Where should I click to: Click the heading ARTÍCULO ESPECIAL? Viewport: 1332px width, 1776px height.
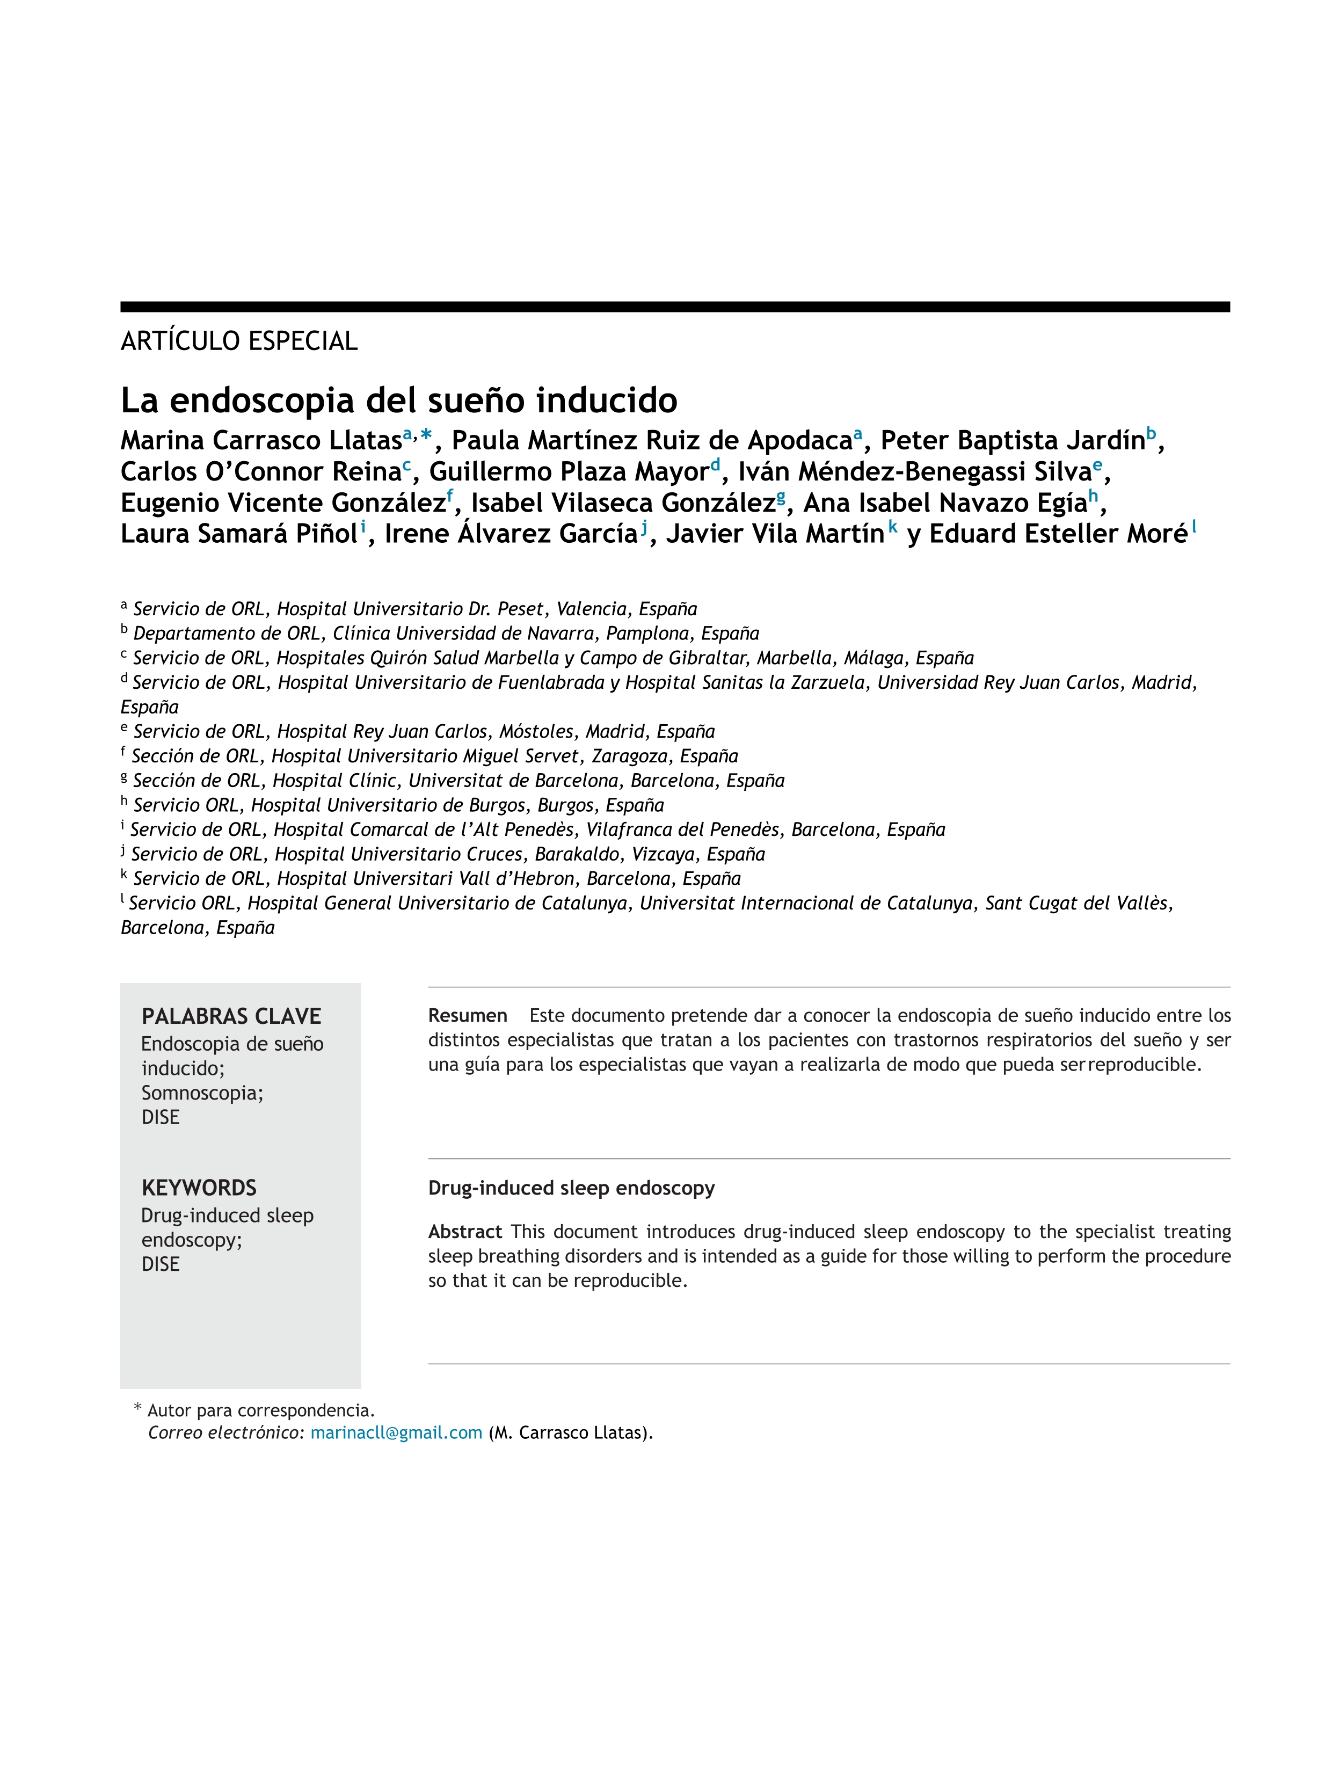238,341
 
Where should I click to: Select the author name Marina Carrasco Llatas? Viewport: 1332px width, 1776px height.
261,441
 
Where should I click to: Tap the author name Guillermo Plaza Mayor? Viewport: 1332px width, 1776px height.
569,472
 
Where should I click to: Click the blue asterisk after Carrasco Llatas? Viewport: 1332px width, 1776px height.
426,436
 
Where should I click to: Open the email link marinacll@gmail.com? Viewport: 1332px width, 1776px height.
396,1433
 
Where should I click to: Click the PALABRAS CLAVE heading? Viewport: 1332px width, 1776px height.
231,1016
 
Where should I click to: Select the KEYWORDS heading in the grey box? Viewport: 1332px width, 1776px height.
199,1188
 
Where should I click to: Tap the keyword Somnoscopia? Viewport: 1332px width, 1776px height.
201,1093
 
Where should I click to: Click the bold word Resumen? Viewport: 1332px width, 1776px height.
467,1016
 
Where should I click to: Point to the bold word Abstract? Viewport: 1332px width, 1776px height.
465,1232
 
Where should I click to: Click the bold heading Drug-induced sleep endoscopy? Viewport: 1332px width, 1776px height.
571,1188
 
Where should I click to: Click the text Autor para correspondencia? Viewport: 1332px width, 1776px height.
261,1411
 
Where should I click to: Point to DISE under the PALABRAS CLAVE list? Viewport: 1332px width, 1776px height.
161,1118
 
